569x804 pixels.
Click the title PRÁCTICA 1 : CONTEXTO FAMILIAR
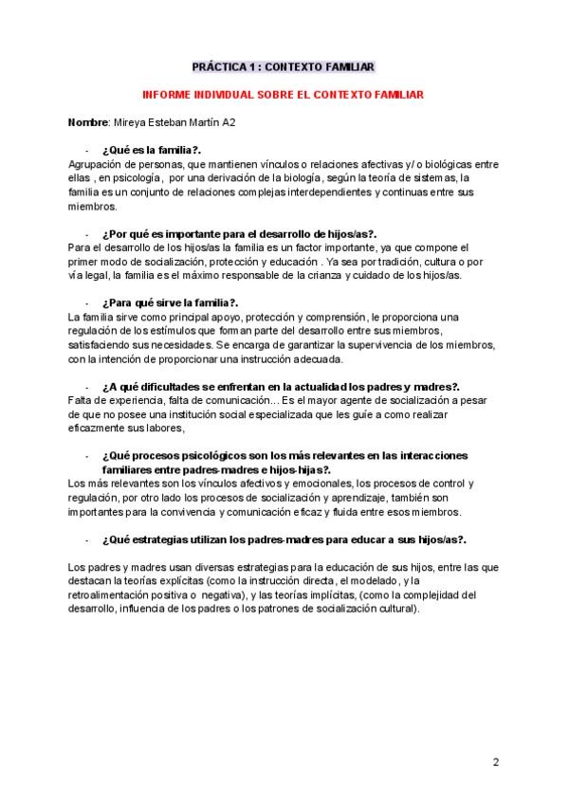click(x=284, y=67)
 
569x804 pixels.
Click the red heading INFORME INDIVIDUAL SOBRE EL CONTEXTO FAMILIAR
click(x=284, y=96)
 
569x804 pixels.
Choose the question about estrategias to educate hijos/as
click(x=270, y=538)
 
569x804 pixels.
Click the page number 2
click(x=496, y=761)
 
